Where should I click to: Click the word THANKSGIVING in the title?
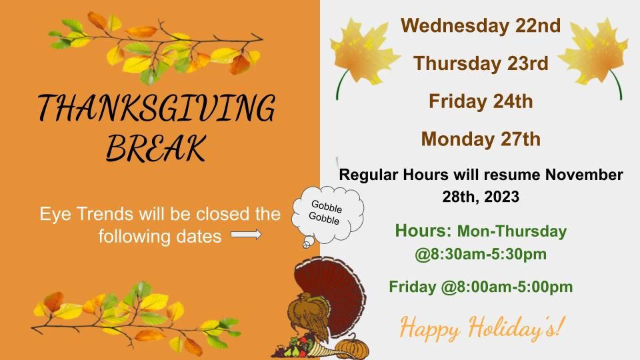point(157,108)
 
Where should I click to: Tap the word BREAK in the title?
point(156,147)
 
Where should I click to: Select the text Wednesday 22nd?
point(481,26)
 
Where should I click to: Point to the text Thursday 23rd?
point(481,64)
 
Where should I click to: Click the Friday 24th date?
point(481,101)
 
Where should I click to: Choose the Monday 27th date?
point(481,139)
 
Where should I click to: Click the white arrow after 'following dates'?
point(246,234)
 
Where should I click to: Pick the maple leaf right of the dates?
point(594,53)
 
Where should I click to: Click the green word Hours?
point(423,231)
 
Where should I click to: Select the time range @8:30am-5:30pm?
point(481,254)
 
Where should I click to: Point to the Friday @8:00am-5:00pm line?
point(481,287)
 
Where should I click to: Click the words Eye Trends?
point(87,214)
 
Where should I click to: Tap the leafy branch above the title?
point(155,47)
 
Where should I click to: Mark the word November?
point(584,175)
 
